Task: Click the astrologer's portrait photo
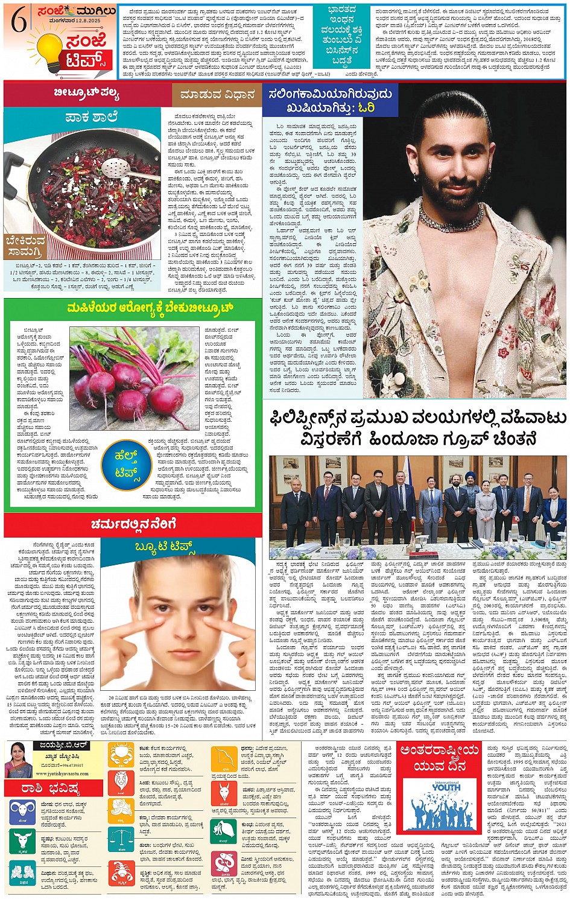pyautogui.click(x=17, y=759)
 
